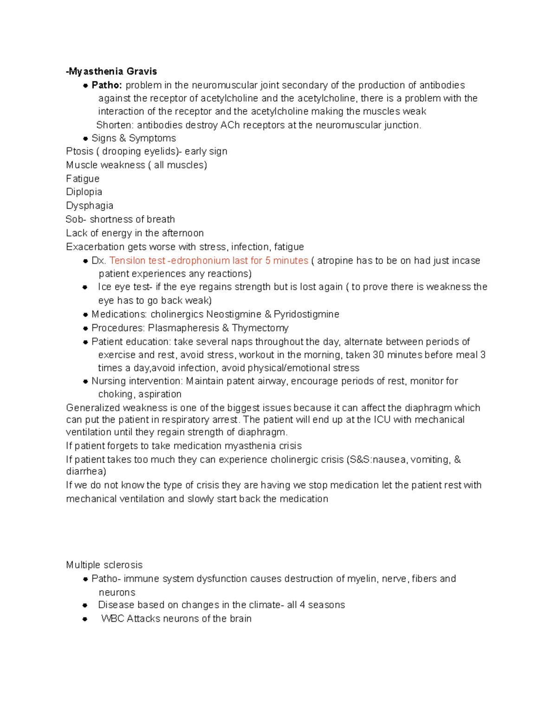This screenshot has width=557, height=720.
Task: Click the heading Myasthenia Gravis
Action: [112, 71]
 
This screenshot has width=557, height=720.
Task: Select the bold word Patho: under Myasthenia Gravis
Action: [107, 85]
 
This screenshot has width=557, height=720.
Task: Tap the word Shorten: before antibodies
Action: [115, 125]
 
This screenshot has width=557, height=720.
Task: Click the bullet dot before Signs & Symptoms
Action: [85, 139]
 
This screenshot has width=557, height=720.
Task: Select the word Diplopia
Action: [84, 192]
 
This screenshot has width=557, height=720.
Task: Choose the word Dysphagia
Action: [90, 205]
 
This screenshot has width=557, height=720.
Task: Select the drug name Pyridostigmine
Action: [306, 314]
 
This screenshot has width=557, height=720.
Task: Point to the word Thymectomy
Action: [260, 328]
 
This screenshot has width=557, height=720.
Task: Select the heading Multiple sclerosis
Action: [104, 565]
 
